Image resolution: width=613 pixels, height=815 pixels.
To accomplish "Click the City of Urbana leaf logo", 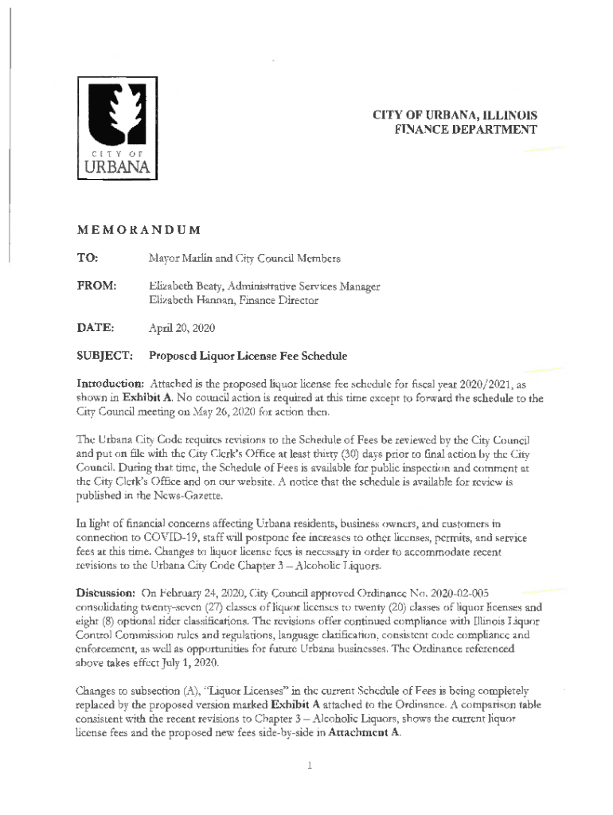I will pyautogui.click(x=116, y=129).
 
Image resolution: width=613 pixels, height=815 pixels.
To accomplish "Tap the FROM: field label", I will pyautogui.click(x=96, y=286).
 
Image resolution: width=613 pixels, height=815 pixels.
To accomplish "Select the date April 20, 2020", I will pyautogui.click(x=181, y=327).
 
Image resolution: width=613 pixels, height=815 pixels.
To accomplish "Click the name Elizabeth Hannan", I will pyautogui.click(x=187, y=301).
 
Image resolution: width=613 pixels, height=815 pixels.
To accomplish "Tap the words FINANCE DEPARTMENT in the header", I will pyautogui.click(x=466, y=129).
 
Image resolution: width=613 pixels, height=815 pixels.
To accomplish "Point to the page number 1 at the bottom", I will pyautogui.click(x=307, y=766).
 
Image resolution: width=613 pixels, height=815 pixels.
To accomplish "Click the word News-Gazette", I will pyautogui.click(x=192, y=494).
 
